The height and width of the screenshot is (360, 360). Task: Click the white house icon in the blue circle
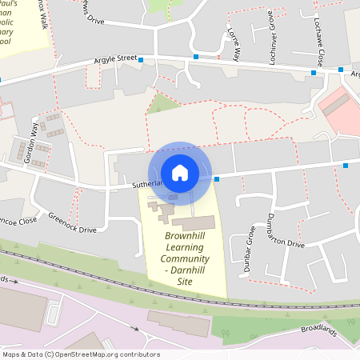point(180,172)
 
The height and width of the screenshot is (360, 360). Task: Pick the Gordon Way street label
point(33,144)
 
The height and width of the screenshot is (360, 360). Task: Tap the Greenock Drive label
point(71,223)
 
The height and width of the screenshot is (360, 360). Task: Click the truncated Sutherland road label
point(147,184)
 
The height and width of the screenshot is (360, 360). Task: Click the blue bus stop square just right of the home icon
point(217,179)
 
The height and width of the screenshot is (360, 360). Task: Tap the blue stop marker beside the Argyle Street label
point(141,60)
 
